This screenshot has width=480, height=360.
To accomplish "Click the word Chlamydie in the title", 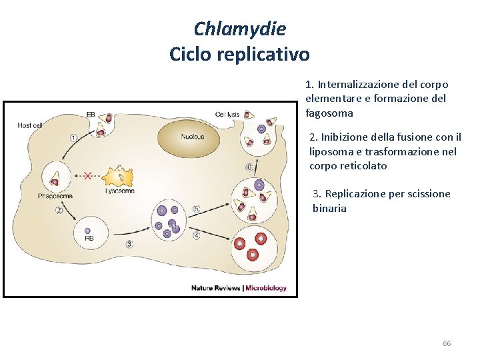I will coord(239,29).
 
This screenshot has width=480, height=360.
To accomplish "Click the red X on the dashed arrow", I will coord(87,176).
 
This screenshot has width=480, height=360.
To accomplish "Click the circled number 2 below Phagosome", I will coord(59,210).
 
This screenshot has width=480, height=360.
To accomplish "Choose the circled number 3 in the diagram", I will coord(129,243).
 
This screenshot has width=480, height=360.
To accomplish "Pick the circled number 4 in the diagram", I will coord(196,235).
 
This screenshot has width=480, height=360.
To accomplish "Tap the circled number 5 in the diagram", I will coord(196,209).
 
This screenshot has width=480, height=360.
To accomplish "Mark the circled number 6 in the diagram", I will coord(249,167).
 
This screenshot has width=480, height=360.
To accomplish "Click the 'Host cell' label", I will coord(30,125).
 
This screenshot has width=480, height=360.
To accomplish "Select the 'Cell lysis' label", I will coord(227,115).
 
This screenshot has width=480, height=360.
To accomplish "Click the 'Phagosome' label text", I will coord(55,196).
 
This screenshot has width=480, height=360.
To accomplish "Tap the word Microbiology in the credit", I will coord(267,288).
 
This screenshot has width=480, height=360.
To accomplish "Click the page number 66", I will coord(447,343).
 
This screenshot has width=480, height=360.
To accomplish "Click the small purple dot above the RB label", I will coord(87,231).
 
